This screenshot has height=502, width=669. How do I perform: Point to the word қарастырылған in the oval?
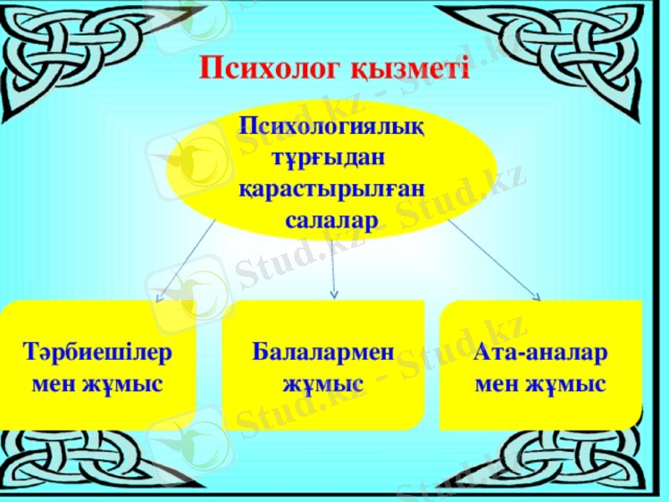(332, 188)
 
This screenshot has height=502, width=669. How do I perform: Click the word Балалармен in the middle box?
(323, 352)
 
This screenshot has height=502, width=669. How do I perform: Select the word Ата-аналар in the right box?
(540, 352)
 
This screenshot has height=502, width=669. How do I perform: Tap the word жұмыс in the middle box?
(323, 384)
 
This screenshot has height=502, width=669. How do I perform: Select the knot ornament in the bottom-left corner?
(50, 464)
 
